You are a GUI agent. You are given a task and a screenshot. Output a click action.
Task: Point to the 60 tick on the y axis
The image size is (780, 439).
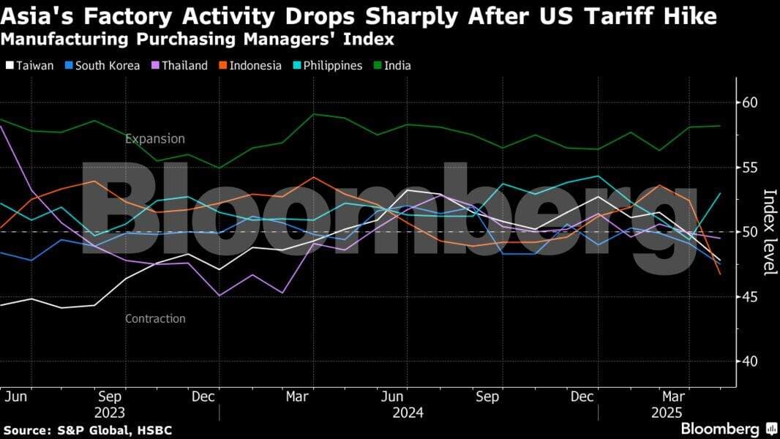coord(751,102)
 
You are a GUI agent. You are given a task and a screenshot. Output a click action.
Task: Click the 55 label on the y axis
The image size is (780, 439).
coord(751,168)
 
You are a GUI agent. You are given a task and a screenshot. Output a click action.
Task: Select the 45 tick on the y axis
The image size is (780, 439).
coord(751,297)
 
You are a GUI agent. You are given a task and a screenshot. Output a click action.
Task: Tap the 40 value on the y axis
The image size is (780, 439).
coord(751,361)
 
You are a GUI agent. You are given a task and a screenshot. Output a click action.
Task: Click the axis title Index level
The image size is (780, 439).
coord(769,232)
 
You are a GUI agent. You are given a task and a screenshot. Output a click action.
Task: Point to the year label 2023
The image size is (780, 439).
coord(109,413)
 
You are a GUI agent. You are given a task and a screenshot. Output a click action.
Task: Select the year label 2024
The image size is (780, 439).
coord(408,413)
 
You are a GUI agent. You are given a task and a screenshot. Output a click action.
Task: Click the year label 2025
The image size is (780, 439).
coord(667,413)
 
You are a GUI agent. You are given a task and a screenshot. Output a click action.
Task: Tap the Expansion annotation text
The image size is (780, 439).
coord(154,139)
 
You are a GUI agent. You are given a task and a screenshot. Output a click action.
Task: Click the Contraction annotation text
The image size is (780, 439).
coord(155,319)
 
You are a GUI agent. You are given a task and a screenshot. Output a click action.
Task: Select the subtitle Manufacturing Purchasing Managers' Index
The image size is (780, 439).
coord(198,39)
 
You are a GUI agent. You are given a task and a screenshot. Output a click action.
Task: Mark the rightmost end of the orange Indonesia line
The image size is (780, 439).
coord(720,274)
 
